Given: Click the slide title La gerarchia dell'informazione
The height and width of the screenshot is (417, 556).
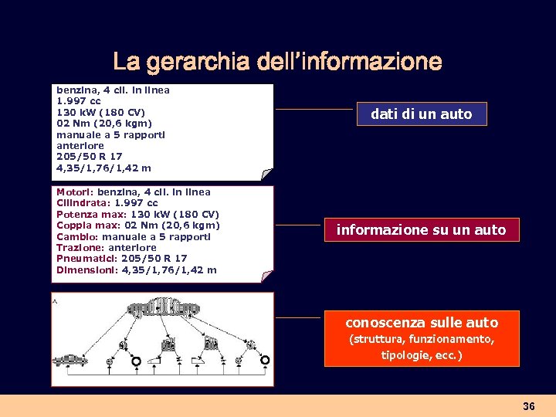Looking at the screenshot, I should tap(277, 61).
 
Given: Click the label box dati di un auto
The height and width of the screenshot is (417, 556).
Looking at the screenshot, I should tap(421, 114).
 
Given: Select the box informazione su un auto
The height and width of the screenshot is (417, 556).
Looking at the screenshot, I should tap(421, 229).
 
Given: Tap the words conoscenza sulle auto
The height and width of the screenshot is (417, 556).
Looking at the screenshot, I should tap(422, 322).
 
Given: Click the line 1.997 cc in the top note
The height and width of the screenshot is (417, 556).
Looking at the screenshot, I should tap(79, 101).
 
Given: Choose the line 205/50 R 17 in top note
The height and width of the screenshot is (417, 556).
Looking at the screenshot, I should tap(90, 157).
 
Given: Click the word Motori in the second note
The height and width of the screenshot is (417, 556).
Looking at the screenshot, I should tap(73, 192).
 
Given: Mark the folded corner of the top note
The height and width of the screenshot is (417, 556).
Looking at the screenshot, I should tap(266, 174).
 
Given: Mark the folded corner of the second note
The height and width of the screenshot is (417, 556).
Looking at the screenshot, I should tap(266, 276).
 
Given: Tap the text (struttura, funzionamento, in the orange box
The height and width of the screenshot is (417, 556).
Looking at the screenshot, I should tap(422, 339).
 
